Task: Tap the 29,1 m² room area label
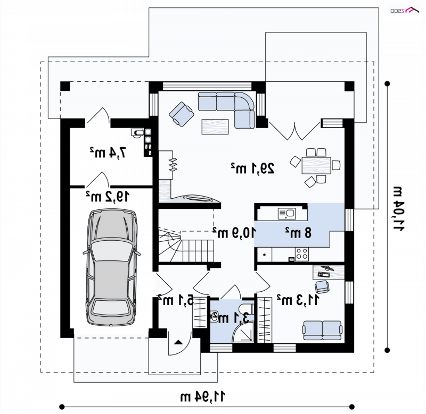tap(252, 168)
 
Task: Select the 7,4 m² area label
tap(108, 153)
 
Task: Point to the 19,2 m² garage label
tap(108, 197)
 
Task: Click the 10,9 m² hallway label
tap(234, 233)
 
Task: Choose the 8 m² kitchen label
tap(298, 233)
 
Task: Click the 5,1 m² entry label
tap(176, 300)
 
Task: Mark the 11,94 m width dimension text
tap(203, 396)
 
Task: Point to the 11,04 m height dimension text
tap(398, 208)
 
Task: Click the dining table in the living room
tap(316, 165)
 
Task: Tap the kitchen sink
tap(286, 214)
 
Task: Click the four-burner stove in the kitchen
tap(302, 254)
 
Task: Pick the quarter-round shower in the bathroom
tap(243, 332)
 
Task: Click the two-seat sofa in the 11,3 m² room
tap(322, 330)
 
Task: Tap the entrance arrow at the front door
tap(178, 342)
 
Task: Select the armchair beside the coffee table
tap(182, 114)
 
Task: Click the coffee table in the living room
tap(215, 126)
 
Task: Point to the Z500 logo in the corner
tap(405, 11)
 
